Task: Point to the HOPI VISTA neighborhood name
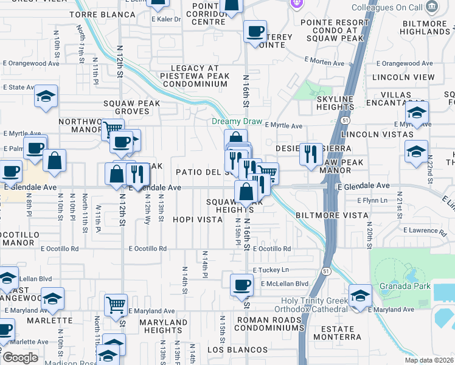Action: coord(198,219)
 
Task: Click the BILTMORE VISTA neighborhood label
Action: coord(332,215)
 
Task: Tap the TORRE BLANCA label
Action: coord(102,14)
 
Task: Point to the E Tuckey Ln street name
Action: coord(270,270)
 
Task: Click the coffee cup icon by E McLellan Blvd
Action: coord(241,283)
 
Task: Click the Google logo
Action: coord(20,357)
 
